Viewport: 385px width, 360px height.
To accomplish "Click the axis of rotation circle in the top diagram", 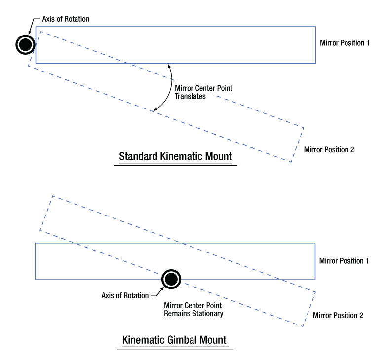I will (x=24, y=45).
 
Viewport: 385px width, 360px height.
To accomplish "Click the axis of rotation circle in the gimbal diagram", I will (x=171, y=279).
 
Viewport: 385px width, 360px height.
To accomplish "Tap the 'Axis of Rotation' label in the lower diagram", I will (x=125, y=296).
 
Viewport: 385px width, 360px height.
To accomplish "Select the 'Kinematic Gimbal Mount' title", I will (x=175, y=341).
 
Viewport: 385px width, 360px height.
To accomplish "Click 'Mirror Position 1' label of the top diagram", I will (x=345, y=43).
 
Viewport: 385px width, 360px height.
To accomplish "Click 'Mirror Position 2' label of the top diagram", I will (x=329, y=149).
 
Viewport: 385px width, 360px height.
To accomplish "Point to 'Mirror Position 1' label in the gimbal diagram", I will (x=345, y=260).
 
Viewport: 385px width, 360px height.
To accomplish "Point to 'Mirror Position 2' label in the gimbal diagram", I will (x=338, y=315).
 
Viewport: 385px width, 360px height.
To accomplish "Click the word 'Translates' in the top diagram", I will (x=191, y=97).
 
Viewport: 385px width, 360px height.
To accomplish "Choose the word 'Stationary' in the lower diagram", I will (x=209, y=313).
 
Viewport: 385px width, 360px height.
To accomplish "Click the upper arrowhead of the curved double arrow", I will (x=169, y=66).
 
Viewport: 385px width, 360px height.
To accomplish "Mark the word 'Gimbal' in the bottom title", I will (x=179, y=341).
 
